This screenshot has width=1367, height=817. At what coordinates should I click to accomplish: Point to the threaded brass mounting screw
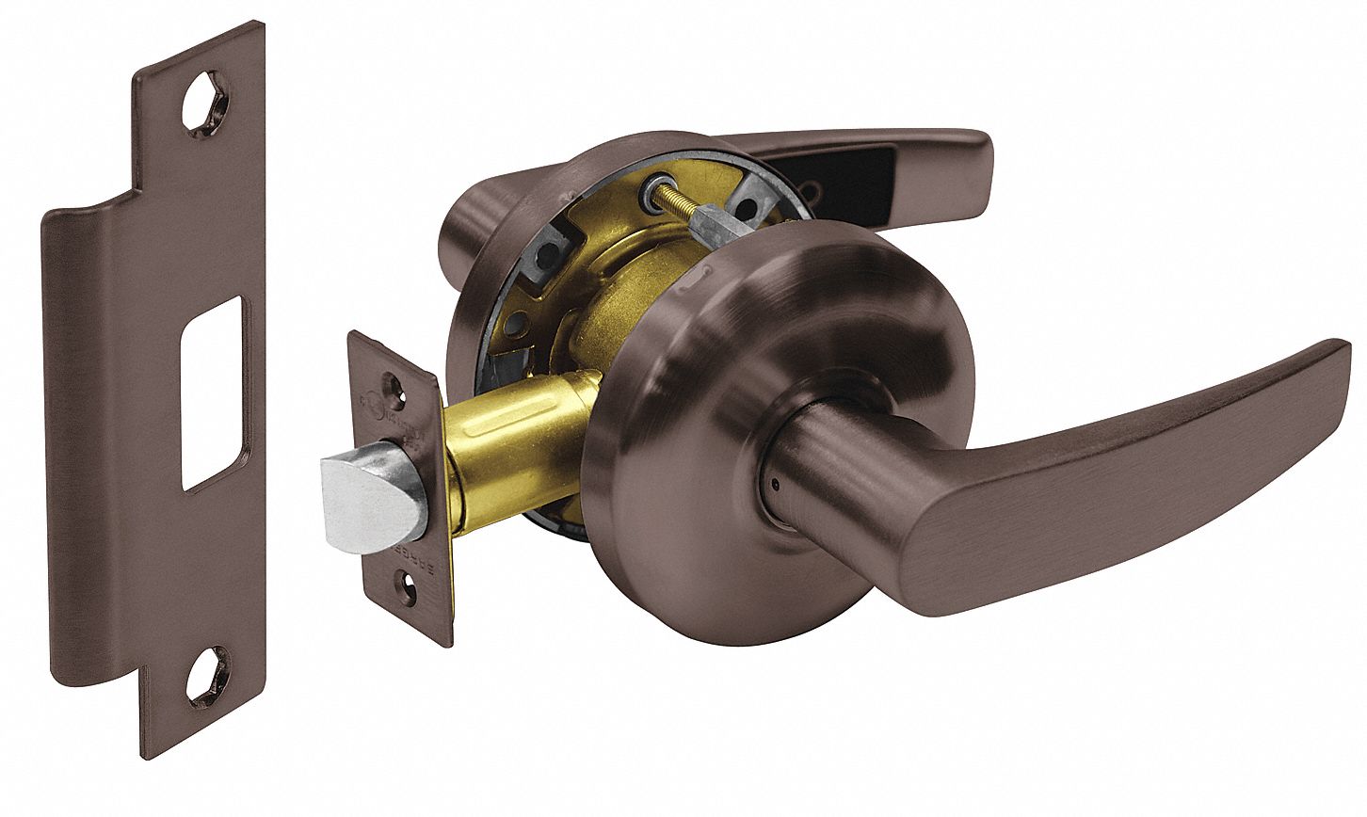coord(683,216)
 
